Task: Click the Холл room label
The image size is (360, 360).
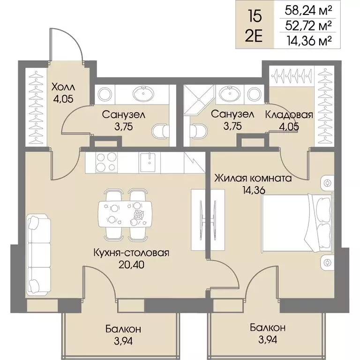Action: [x=63, y=87]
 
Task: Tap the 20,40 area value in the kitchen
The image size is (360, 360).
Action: [x=132, y=265]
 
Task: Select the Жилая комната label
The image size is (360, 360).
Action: [x=253, y=178]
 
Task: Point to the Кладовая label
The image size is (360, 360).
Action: [x=289, y=114]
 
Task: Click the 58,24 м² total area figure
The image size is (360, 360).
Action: [x=308, y=10]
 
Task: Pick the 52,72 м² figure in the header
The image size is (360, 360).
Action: [x=308, y=25]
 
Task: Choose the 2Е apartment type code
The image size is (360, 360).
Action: [x=254, y=36]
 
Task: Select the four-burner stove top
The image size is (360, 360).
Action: [x=106, y=162]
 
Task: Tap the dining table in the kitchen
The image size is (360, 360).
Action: [x=125, y=214]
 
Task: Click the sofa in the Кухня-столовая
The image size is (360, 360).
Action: [x=39, y=255]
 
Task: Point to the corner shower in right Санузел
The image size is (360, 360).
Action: [x=199, y=99]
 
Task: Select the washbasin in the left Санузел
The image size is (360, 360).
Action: [x=143, y=94]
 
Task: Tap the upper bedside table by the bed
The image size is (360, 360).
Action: [x=327, y=183]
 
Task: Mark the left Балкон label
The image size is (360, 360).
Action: [x=123, y=329]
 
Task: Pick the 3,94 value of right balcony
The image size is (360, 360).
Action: [x=268, y=339]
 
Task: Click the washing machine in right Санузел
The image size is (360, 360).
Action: [x=254, y=94]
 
